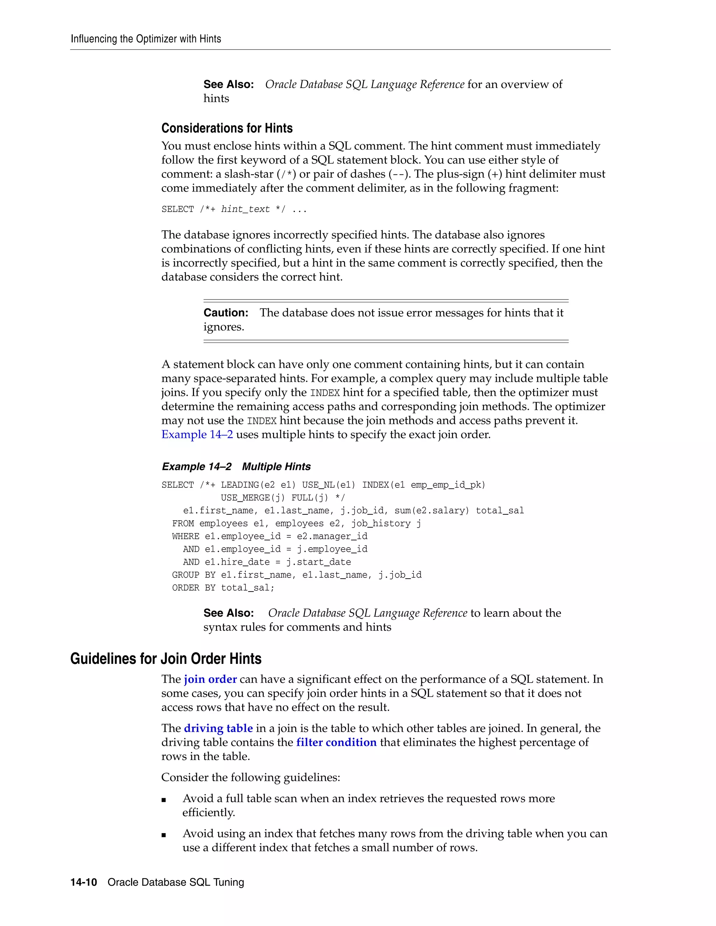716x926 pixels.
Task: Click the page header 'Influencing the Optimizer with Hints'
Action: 145,39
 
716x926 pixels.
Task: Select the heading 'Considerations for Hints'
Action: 227,128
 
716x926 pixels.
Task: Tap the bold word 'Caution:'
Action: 225,313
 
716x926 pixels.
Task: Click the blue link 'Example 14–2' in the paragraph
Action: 197,435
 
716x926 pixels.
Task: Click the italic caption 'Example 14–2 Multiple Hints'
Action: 236,467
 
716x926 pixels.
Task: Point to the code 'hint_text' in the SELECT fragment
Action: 245,209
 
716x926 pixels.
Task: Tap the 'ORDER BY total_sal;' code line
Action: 223,588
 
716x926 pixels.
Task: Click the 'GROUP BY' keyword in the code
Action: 193,575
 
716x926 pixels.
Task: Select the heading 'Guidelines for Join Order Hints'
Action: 166,659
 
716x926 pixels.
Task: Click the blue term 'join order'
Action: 210,679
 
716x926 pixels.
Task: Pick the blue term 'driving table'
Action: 218,729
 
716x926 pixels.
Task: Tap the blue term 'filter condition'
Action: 336,743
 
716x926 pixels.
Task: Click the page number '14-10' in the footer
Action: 84,882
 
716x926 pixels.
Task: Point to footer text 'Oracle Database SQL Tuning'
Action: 176,882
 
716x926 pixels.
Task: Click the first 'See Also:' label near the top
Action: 228,84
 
